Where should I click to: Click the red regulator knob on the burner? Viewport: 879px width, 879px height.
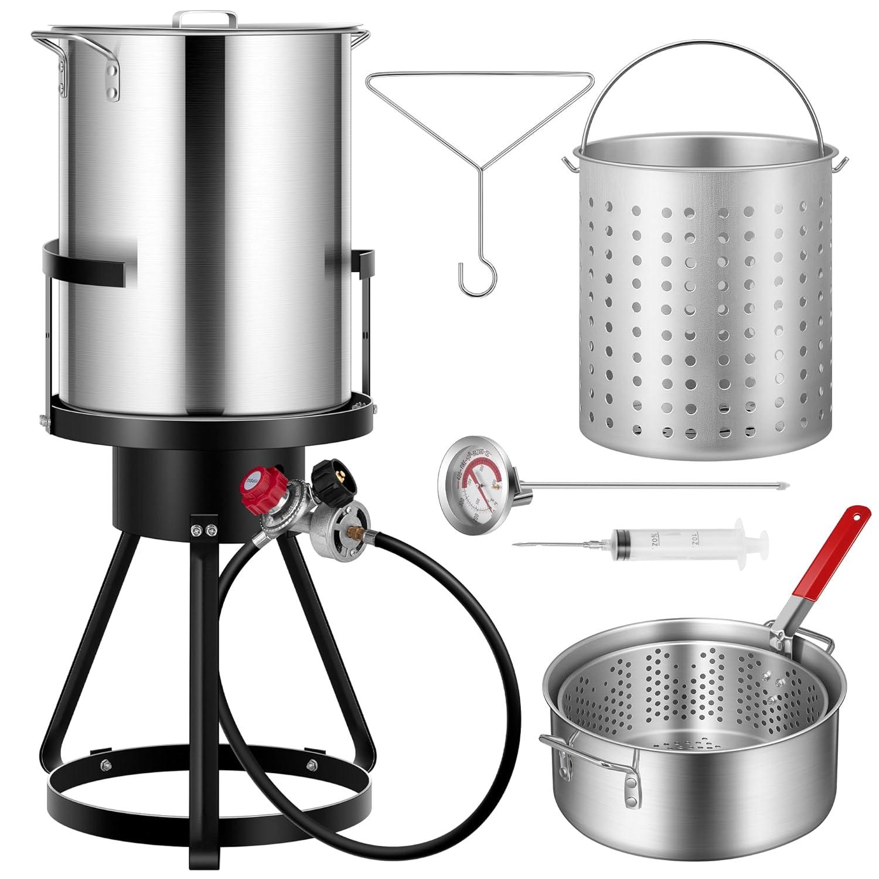coord(262,482)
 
